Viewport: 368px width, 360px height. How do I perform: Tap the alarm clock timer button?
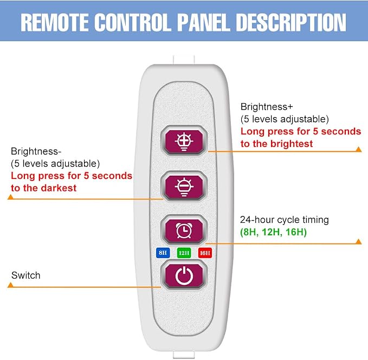[184, 230]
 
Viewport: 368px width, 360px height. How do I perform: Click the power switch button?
[184, 275]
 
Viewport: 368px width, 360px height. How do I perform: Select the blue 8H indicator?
[163, 253]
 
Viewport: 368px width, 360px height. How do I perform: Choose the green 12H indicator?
[184, 253]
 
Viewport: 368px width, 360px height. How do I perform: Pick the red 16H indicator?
[205, 253]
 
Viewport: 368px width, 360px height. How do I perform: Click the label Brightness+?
[267, 107]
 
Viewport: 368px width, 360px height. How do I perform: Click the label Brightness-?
[36, 151]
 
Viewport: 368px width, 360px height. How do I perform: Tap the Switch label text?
[26, 275]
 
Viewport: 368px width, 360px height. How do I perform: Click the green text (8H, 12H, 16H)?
[273, 232]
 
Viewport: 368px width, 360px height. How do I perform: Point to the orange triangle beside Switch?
[10, 285]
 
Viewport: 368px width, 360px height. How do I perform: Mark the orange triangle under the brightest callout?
[358, 149]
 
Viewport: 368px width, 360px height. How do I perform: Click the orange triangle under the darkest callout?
[10, 197]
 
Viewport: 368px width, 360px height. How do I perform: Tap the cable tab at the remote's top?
[184, 60]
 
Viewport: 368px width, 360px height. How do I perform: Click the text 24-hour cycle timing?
[284, 220]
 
